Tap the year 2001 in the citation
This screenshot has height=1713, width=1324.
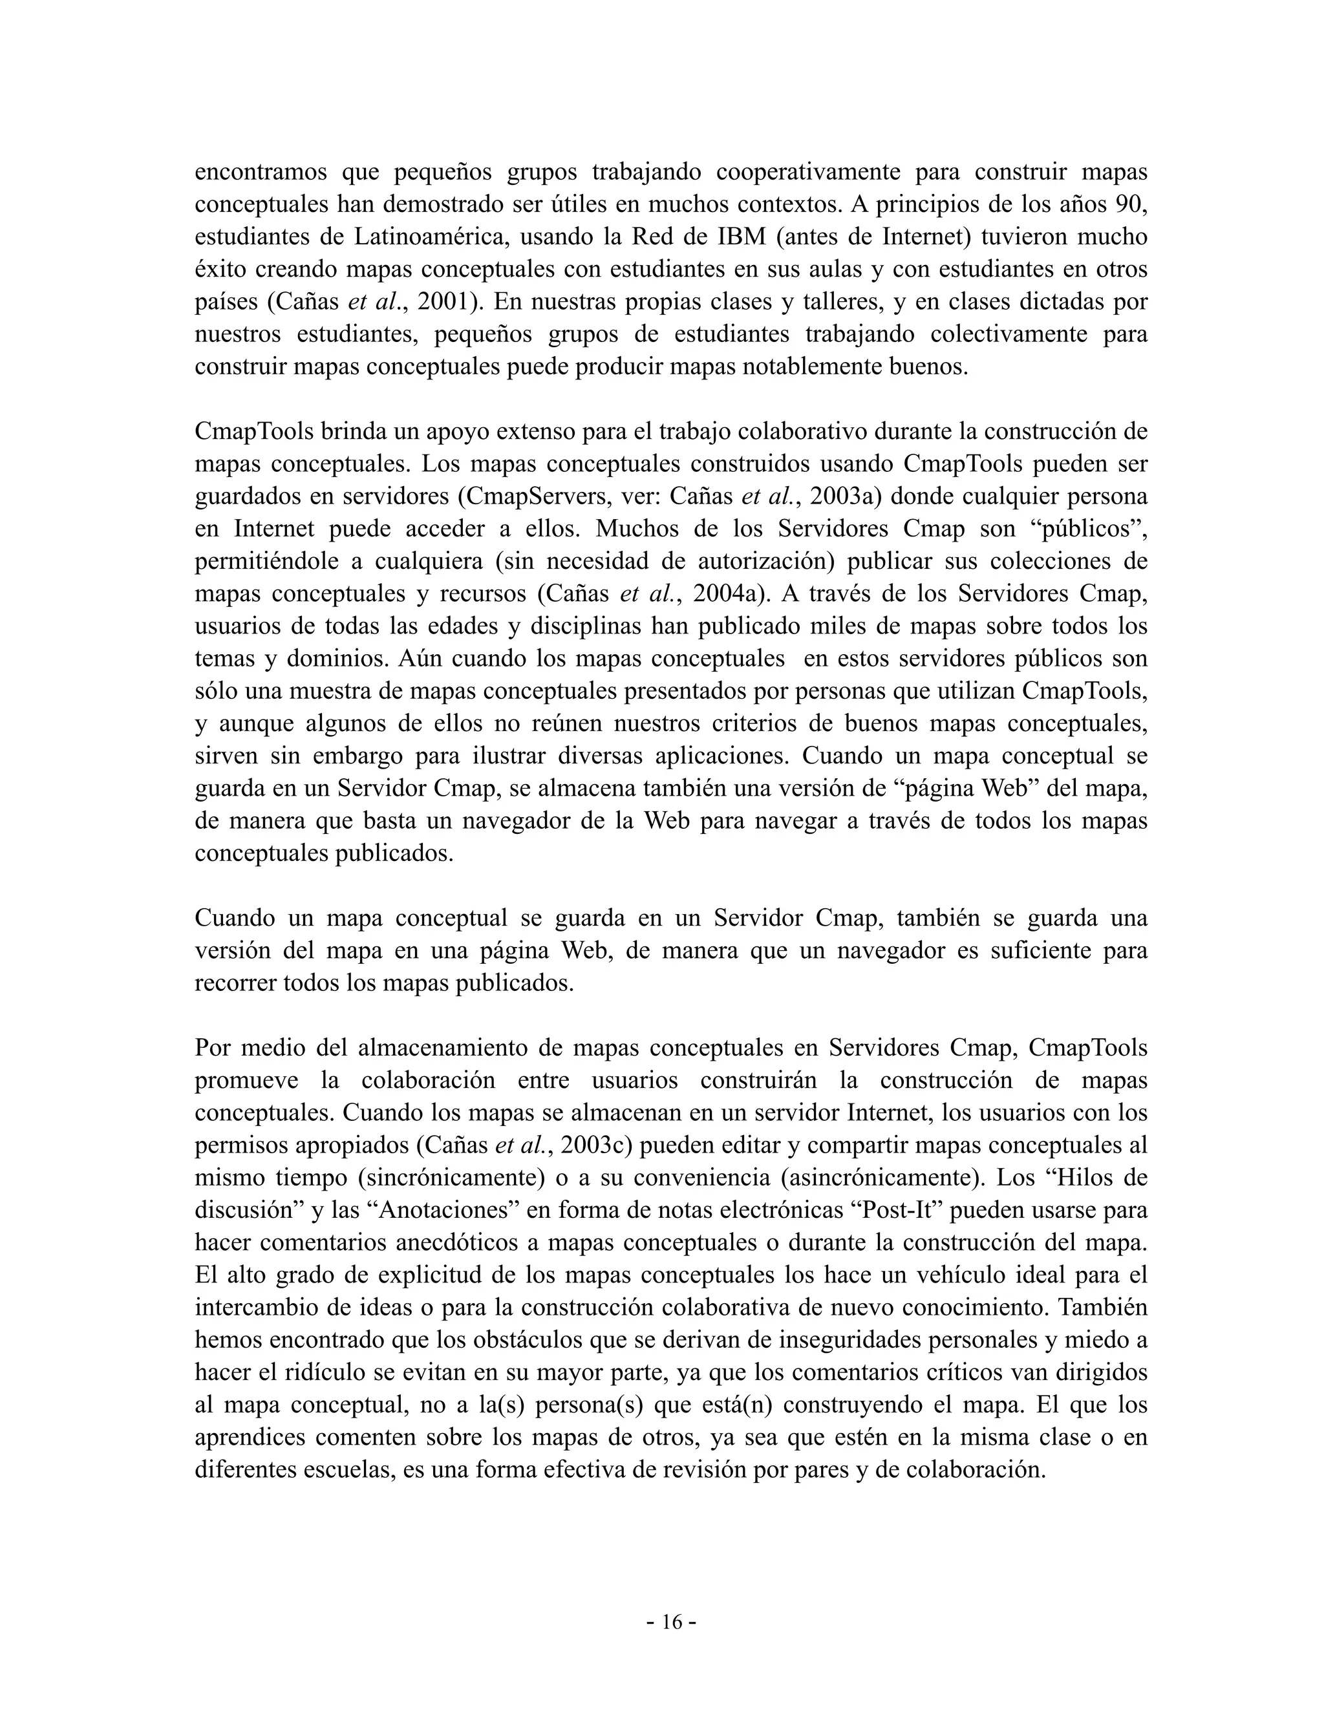pos(443,301)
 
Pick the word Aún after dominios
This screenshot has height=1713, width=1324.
pos(416,659)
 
